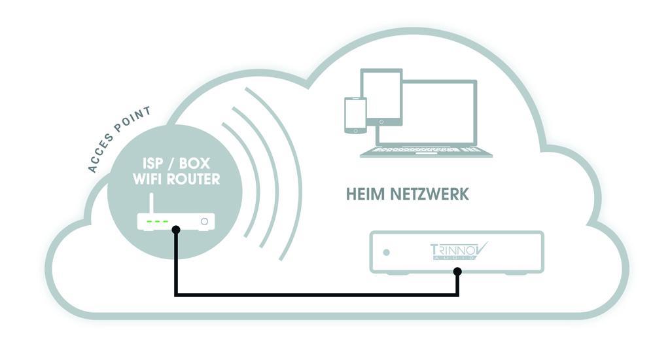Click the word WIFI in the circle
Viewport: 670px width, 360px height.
[x=147, y=179]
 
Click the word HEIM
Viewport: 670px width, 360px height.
[x=364, y=195]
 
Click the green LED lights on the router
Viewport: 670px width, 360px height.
[x=158, y=222]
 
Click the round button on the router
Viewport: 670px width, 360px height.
[x=205, y=222]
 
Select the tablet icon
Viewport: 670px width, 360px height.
[x=381, y=96]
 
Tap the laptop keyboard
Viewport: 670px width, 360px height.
[x=426, y=151]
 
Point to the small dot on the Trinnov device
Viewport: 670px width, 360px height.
[x=387, y=252]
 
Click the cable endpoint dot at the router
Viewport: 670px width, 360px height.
[x=175, y=231]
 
